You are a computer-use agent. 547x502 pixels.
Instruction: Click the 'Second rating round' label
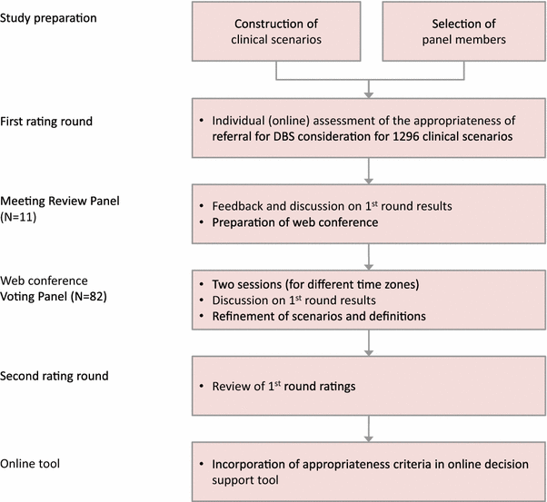[55, 376]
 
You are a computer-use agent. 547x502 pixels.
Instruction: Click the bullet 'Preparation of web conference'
[289, 222]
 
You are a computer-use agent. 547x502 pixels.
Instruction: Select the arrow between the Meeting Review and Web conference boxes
[367, 256]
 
